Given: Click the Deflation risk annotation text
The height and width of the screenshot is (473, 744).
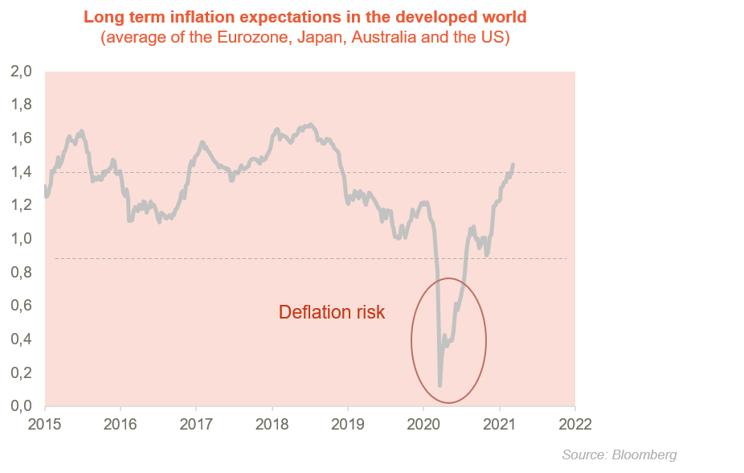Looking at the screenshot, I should tap(332, 313).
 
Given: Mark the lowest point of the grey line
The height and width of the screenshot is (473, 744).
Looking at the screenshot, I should tap(439, 385).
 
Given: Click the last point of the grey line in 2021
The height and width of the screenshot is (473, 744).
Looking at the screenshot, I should tap(513, 165).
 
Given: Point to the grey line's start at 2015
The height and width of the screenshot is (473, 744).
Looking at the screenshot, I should tap(46, 187).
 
